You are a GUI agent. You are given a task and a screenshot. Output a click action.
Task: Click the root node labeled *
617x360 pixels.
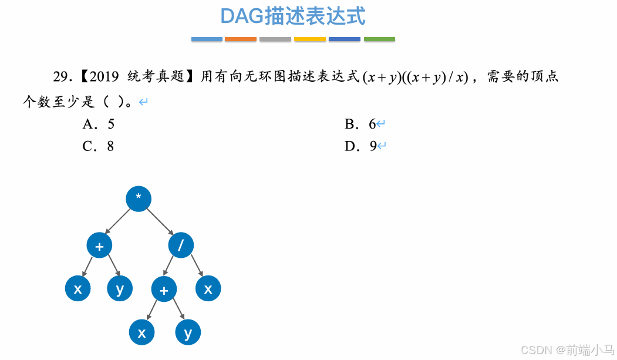click(139, 199)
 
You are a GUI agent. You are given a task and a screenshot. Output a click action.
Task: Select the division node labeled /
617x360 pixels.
click(181, 245)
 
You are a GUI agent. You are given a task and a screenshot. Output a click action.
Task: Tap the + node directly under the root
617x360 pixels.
click(99, 245)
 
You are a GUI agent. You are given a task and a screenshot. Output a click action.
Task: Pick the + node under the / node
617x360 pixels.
click(164, 289)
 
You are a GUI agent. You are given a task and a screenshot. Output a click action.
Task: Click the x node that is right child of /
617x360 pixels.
click(208, 288)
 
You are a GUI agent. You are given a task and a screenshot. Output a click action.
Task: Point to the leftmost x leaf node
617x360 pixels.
click(78, 288)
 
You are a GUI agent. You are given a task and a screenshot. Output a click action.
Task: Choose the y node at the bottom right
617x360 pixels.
click(188, 332)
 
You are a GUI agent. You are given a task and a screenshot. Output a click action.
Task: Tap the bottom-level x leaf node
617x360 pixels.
click(141, 332)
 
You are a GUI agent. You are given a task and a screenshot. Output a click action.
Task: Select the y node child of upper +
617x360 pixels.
click(120, 288)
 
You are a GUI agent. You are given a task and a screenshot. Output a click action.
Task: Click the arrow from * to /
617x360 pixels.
click(160, 222)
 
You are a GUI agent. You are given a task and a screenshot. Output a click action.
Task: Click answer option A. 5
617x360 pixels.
click(98, 124)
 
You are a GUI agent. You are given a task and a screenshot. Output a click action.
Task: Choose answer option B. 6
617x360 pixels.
click(360, 124)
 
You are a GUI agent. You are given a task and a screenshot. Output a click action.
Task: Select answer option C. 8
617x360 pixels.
click(98, 146)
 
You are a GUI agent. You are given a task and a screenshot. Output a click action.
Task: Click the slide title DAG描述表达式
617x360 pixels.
click(293, 16)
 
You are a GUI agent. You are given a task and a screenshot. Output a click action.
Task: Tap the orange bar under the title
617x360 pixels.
click(241, 39)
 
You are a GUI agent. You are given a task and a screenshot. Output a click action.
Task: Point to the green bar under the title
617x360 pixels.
click(379, 39)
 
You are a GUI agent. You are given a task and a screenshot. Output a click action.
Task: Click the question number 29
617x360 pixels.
click(62, 77)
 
